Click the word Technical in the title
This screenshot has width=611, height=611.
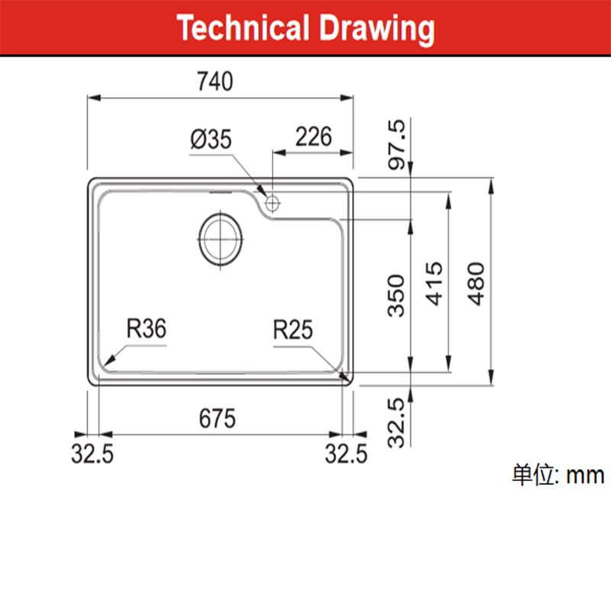243,27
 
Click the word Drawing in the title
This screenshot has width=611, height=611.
377,30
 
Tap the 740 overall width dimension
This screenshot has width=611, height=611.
215,82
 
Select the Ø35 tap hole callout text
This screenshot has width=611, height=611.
211,140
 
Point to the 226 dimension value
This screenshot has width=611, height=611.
314,137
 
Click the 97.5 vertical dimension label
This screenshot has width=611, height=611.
397,144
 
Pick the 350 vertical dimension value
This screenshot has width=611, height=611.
396,296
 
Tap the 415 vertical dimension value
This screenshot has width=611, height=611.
434,283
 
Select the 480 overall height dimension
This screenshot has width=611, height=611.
476,283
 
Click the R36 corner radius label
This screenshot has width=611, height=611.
147,328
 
